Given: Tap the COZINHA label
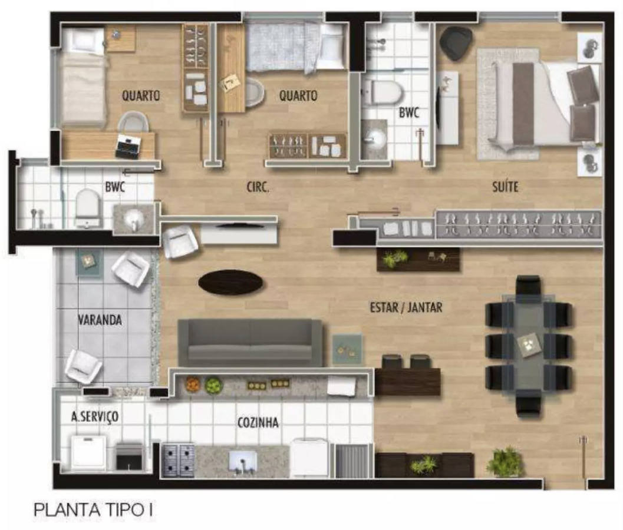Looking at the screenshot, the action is point(258,422).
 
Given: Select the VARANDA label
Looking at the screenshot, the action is point(100,320).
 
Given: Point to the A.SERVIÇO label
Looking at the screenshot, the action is point(94,416).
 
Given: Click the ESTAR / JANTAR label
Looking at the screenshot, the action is point(406,307).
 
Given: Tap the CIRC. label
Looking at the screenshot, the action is point(258,187).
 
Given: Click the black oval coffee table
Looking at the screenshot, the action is point(230,282).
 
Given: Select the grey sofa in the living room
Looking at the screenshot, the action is point(250,343).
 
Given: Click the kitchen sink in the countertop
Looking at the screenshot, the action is point(243,462).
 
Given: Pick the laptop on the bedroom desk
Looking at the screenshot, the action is point(127,147).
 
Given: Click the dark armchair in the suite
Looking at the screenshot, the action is point(456,43).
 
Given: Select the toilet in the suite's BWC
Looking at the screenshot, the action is point(382,92).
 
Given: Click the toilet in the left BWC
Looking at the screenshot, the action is point(87,208).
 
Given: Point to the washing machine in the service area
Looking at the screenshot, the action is point(90,452).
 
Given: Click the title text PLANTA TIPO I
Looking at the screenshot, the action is point(93,510).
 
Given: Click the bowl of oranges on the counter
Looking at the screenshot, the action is point(193,384).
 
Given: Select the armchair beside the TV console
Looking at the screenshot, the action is point(180,242).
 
